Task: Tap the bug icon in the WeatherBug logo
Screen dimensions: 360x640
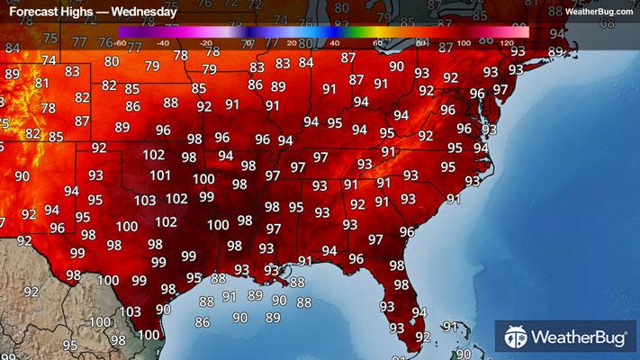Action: (516, 338)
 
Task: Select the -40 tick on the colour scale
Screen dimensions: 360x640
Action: (162, 43)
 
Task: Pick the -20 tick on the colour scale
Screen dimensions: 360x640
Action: (205, 43)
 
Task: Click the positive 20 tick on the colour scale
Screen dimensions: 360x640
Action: (290, 43)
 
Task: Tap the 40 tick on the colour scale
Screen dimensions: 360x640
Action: (334, 43)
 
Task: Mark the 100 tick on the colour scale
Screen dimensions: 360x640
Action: (464, 43)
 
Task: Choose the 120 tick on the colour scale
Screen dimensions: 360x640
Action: (507, 43)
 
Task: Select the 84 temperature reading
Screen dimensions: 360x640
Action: (307, 63)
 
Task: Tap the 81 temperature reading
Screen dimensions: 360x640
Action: (41, 83)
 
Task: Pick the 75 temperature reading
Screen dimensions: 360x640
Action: (50, 39)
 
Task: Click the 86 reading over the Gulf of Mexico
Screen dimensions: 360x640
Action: (203, 322)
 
